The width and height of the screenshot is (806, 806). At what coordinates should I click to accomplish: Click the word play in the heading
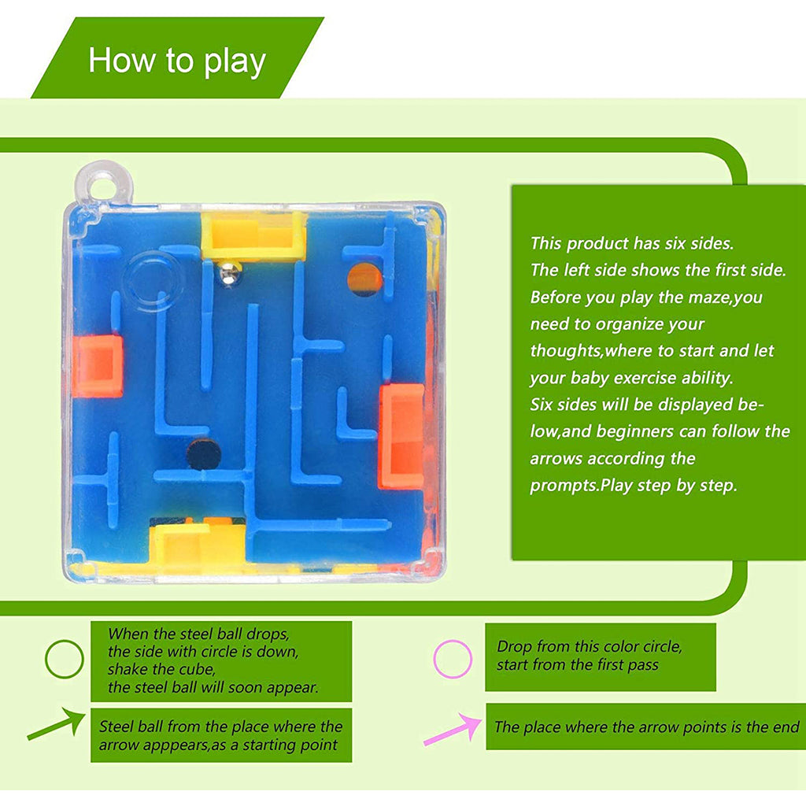[x=235, y=61]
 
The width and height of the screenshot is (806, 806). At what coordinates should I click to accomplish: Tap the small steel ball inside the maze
[x=229, y=273]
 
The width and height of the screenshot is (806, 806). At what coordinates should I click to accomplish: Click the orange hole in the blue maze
[x=364, y=279]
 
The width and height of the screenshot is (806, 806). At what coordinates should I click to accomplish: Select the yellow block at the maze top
[x=253, y=235]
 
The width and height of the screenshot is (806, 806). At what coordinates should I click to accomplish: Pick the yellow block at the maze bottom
[x=193, y=543]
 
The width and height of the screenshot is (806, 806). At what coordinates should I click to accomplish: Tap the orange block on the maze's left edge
[x=98, y=366]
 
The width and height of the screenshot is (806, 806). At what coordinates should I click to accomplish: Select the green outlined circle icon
[x=64, y=659]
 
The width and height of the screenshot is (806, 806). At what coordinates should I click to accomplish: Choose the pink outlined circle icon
[x=453, y=659]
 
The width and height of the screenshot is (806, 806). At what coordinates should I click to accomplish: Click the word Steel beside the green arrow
[x=116, y=727]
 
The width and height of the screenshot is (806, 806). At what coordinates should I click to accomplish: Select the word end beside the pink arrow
[x=784, y=727]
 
